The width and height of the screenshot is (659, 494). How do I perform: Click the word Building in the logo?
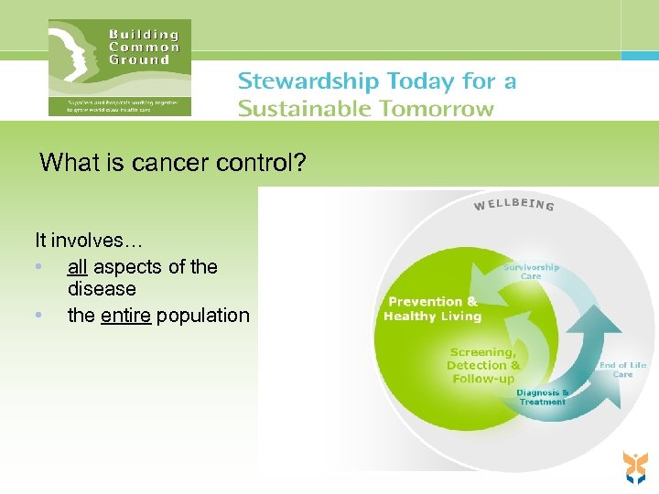pos(145,34)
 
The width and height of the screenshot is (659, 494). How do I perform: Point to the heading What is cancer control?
pos(173,164)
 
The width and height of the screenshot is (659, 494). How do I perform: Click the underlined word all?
pos(78,267)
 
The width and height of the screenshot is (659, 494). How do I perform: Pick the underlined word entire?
pos(126,316)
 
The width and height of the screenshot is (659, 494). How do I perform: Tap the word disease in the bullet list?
pos(102,289)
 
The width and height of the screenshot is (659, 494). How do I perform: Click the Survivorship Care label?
pos(531,272)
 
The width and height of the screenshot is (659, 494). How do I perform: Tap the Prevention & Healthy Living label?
pos(432,309)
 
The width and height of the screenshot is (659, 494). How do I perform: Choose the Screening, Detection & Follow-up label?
pos(483,365)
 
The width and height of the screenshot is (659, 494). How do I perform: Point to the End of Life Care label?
pos(622,370)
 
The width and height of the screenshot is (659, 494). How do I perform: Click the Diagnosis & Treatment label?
pos(543,397)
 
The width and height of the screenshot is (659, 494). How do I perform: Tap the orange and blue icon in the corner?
pos(634,467)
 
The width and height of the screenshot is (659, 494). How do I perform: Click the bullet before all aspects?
pos(38,268)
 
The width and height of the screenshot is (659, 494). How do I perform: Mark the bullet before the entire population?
pos(38,317)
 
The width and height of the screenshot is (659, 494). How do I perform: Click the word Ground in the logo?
pos(139,60)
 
